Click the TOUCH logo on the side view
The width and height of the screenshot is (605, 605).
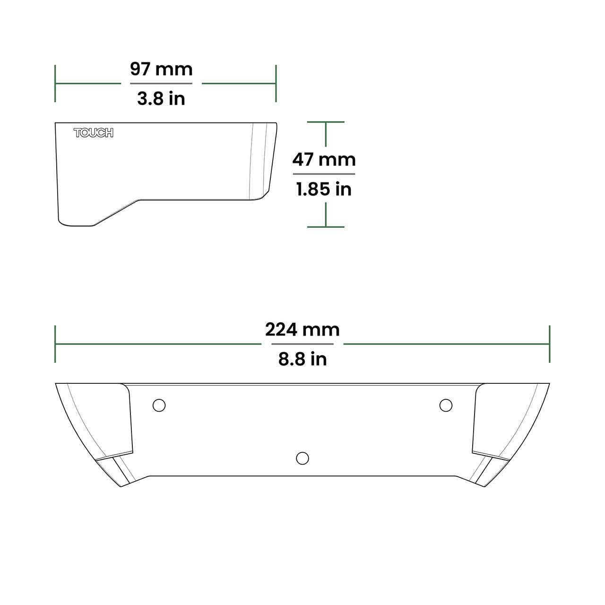(x=94, y=133)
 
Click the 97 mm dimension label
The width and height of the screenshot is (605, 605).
(x=161, y=69)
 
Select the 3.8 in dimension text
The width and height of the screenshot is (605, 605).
(x=161, y=99)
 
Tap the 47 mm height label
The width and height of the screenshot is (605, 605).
(x=324, y=160)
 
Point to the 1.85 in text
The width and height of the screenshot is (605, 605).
(x=324, y=190)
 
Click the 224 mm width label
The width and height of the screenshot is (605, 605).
(x=302, y=329)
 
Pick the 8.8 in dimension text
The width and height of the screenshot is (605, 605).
(x=302, y=359)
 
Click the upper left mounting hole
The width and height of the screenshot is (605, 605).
(x=159, y=405)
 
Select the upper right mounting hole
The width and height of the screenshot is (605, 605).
(x=446, y=405)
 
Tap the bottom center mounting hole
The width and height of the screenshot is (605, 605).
(x=302, y=458)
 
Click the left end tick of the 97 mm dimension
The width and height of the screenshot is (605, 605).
(x=55, y=83)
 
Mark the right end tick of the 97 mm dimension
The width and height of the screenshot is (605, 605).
(x=276, y=83)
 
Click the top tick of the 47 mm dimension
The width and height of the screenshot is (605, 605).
(x=326, y=122)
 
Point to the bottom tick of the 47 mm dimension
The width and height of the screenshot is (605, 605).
(x=326, y=227)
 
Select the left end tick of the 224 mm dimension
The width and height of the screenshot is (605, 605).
(x=55, y=344)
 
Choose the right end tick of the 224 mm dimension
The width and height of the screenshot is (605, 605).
(x=550, y=344)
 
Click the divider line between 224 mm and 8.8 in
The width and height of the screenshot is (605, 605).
(x=302, y=344)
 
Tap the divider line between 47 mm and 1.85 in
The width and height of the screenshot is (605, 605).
(x=324, y=174)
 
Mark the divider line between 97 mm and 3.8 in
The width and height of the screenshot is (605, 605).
(x=161, y=84)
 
